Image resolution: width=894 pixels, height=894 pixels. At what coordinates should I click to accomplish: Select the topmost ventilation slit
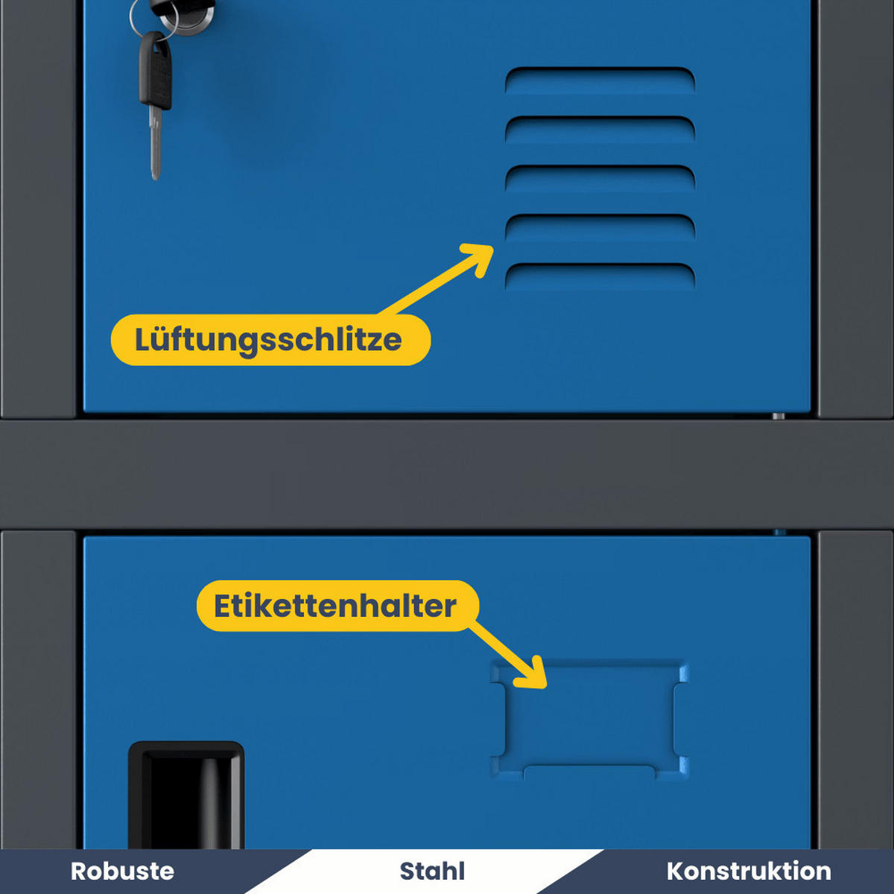click(x=600, y=80)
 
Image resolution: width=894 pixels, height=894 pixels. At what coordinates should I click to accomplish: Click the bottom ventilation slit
click(x=600, y=276)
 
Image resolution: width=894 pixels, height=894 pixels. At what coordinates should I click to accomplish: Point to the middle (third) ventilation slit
click(x=600, y=178)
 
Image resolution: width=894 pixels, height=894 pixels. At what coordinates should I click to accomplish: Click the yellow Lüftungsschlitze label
click(x=270, y=340)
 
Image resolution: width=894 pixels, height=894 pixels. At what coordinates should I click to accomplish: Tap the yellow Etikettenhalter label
click(x=336, y=606)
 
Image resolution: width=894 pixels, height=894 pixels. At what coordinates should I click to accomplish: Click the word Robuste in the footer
click(x=122, y=871)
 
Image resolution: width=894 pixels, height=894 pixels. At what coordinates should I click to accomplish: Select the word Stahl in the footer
click(x=432, y=871)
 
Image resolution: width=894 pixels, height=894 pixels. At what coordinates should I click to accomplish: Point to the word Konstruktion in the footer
click(x=748, y=871)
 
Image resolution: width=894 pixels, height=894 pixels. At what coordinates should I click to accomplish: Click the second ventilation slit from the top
click(x=600, y=130)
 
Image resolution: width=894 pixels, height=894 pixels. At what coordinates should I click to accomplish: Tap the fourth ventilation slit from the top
click(x=600, y=227)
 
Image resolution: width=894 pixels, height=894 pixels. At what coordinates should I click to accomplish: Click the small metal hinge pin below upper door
click(x=778, y=416)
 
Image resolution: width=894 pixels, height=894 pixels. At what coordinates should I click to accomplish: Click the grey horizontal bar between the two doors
click(x=447, y=473)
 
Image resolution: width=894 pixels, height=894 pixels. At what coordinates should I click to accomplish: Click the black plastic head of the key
click(x=156, y=71)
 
